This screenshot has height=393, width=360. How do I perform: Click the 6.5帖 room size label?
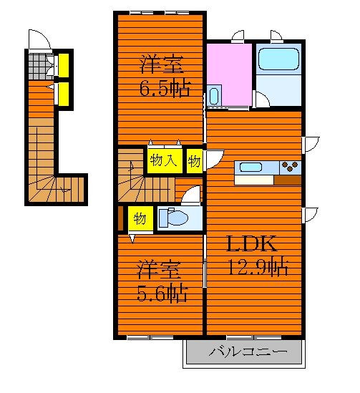click(165, 89)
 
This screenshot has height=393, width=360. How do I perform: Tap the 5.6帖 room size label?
click(162, 293)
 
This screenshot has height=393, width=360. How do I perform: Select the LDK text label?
click(251, 243)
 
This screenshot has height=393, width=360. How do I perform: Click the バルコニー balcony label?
click(248, 351)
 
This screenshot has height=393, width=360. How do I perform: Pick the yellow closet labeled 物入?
click(165, 161)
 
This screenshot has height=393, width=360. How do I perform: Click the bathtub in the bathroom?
click(278, 59)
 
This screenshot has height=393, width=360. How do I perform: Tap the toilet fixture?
click(174, 218)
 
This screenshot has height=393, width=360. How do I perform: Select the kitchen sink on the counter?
click(250, 168)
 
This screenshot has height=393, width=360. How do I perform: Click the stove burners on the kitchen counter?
click(290, 166)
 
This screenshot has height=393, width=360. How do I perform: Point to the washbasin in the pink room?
click(214, 96)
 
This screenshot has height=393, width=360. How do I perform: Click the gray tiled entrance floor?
click(41, 67)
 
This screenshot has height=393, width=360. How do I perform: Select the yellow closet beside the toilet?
click(140, 218)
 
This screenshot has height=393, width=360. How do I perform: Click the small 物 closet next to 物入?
click(195, 161)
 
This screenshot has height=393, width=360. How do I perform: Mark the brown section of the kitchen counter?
click(287, 180)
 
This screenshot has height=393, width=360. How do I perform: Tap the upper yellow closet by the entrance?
click(64, 65)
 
